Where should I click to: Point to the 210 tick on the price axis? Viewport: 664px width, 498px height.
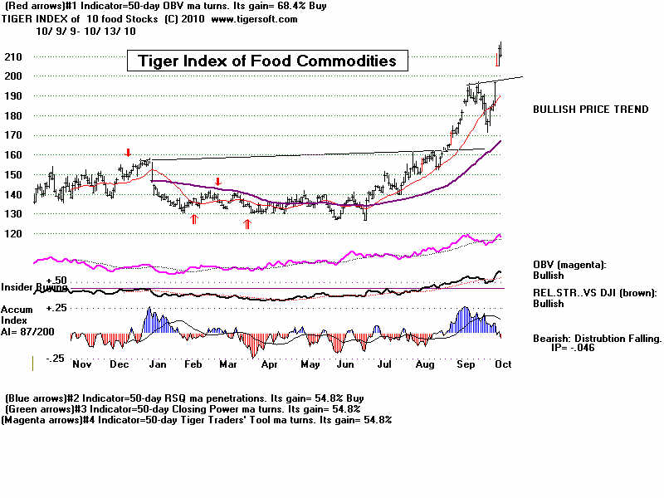pyautogui.click(x=15, y=56)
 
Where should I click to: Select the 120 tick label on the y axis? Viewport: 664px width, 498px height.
pyautogui.click(x=15, y=233)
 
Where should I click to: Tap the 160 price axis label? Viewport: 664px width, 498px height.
pyautogui.click(x=15, y=154)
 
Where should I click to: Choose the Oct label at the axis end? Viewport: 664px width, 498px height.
pyautogui.click(x=502, y=364)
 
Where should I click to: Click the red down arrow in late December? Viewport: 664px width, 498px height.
pyautogui.click(x=128, y=153)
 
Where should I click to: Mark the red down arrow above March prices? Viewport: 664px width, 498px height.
pyautogui.click(x=217, y=182)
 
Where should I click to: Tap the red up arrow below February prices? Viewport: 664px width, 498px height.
pyautogui.click(x=194, y=218)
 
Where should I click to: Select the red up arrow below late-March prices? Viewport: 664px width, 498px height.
pyautogui.click(x=247, y=223)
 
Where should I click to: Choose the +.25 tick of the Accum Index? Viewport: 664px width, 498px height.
pyautogui.click(x=32, y=308)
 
